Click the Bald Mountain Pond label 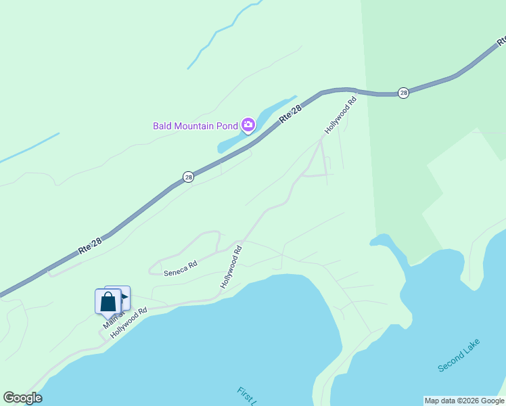point(195,125)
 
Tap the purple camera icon point(248,124)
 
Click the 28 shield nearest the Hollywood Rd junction point(403,93)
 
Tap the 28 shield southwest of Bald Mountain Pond point(188,177)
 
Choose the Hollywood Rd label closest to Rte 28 point(340,116)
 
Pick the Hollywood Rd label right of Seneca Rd point(231,267)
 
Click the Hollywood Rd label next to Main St point(129,319)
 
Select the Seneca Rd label point(180,268)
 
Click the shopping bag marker point(108,301)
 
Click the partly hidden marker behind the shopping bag point(124,296)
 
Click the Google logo point(22,398)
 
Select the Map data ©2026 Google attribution point(464,401)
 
